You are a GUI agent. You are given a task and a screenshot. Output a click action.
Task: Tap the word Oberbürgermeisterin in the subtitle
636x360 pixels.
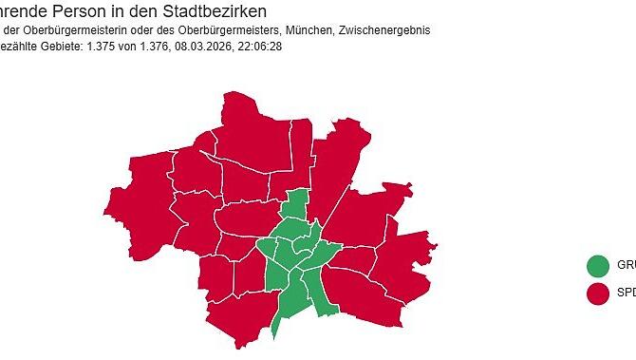71,30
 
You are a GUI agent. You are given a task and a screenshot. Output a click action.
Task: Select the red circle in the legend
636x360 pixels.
598,294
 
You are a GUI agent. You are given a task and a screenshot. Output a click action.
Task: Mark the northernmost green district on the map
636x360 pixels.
297,205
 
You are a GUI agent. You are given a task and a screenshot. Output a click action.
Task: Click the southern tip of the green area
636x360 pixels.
274,332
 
